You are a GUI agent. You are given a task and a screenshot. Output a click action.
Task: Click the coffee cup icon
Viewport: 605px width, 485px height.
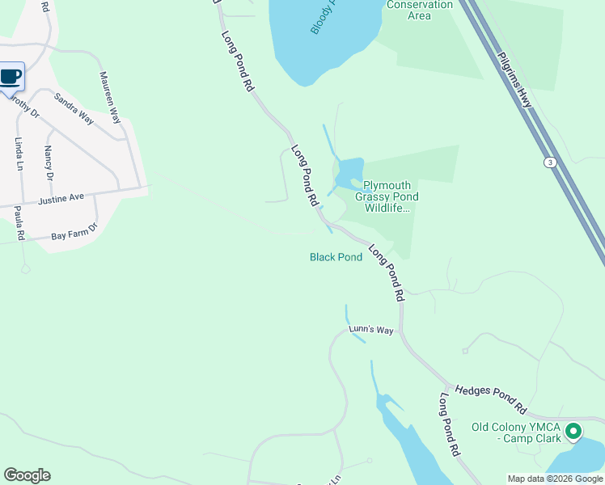pos(11,77)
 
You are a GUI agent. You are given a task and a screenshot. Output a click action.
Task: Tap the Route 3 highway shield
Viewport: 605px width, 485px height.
pos(551,162)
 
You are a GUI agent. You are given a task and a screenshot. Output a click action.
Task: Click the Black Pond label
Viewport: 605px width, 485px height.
pos(336,257)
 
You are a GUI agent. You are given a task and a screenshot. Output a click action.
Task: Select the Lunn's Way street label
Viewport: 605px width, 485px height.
pos(370,330)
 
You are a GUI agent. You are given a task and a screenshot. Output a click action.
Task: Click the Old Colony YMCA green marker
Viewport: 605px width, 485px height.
pos(573,432)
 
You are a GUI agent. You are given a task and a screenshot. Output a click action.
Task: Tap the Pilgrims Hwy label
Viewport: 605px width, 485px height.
pos(514,77)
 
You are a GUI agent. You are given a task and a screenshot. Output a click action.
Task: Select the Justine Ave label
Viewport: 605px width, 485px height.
pos(61,197)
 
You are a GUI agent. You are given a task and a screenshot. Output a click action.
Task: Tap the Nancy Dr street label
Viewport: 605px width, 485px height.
pos(49,162)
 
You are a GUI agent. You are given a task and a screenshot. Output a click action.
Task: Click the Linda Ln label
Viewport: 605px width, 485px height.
pos(19,154)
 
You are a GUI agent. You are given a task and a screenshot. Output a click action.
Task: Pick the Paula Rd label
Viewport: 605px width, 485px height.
pos(19,223)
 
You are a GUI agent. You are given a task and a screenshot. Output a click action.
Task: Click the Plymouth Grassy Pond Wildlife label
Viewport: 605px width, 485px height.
pos(391,196)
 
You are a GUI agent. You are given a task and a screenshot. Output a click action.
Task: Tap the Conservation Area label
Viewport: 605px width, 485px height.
pos(420,10)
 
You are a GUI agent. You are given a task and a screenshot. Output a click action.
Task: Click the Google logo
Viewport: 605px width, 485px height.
pos(27,475)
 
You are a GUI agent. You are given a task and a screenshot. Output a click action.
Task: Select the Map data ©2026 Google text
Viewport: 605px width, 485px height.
pos(555,479)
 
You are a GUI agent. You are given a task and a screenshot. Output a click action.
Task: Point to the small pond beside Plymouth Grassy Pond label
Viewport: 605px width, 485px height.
pos(349,172)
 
